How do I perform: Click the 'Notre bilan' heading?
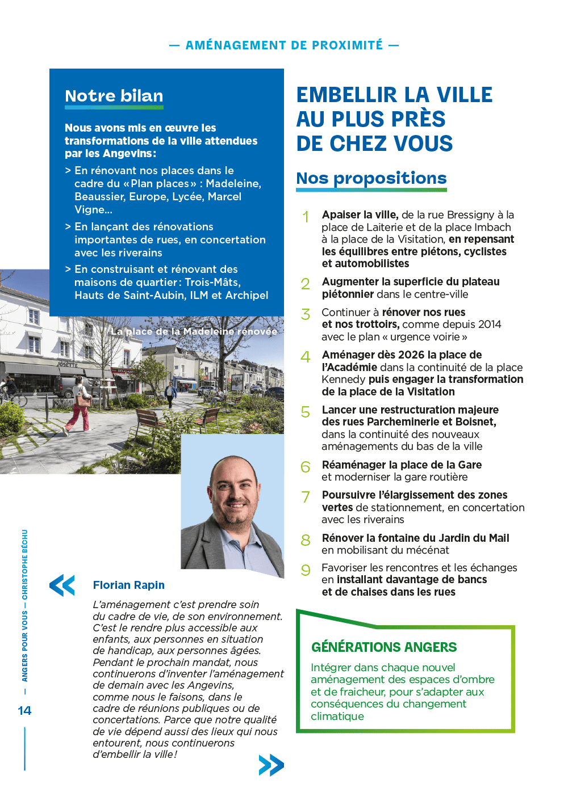pyautogui.click(x=114, y=96)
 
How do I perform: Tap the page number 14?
pyautogui.click(x=24, y=711)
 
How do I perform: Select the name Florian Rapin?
pyautogui.click(x=129, y=585)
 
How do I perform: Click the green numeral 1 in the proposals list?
pyautogui.click(x=306, y=217)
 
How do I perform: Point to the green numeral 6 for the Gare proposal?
pyautogui.click(x=306, y=467)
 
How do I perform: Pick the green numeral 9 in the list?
pyautogui.click(x=306, y=570)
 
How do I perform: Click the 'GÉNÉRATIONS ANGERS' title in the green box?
pyautogui.click(x=384, y=647)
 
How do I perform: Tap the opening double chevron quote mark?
pyautogui.click(x=62, y=585)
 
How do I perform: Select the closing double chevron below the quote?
pyautogui.click(x=271, y=765)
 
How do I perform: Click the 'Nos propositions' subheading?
pyautogui.click(x=371, y=178)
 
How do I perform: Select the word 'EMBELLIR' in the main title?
pyautogui.click(x=346, y=95)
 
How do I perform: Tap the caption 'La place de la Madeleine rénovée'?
pyautogui.click(x=194, y=331)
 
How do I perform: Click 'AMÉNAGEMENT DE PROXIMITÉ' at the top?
pyautogui.click(x=284, y=45)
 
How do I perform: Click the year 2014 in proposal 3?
pyautogui.click(x=490, y=324)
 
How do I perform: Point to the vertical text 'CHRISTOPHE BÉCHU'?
pyautogui.click(x=25, y=564)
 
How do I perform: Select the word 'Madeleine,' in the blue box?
pyautogui.click(x=233, y=184)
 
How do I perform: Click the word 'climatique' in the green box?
pyautogui.click(x=337, y=717)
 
